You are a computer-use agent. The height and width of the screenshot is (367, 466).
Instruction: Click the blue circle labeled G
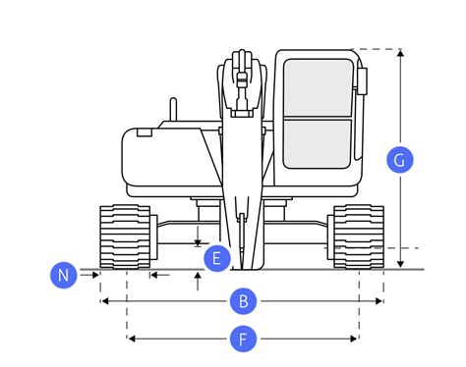pyautogui.click(x=400, y=160)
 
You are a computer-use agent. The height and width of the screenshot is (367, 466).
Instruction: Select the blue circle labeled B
pyautogui.click(x=243, y=301)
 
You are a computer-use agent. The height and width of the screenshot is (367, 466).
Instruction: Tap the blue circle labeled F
pyautogui.click(x=243, y=339)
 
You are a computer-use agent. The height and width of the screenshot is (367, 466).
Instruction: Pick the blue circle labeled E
pyautogui.click(x=217, y=258)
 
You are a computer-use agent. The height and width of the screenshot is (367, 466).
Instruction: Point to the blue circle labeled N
pyautogui.click(x=64, y=275)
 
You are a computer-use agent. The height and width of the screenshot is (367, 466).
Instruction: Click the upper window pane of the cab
pyautogui.click(x=318, y=87)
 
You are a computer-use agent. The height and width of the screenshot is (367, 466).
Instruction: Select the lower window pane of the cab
pyautogui.click(x=318, y=144)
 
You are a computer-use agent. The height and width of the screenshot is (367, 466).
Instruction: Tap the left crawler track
pyautogui.click(x=125, y=237)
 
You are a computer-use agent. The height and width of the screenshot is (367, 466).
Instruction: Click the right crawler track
pyautogui.click(x=359, y=237)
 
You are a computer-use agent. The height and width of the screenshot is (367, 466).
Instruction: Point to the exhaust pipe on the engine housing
pyautogui.click(x=173, y=109)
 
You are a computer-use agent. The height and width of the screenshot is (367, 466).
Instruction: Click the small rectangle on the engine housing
pyautogui.click(x=145, y=132)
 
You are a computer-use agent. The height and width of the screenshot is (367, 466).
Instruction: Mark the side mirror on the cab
pyautogui.click(x=362, y=81)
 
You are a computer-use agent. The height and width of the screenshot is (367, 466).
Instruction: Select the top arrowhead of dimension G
pyautogui.click(x=400, y=53)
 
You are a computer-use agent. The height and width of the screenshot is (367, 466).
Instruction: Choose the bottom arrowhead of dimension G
pyautogui.click(x=400, y=264)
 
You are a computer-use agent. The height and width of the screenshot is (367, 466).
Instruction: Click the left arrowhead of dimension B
pyautogui.click(x=104, y=301)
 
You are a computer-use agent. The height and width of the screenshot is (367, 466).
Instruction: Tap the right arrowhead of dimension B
pyautogui.click(x=379, y=301)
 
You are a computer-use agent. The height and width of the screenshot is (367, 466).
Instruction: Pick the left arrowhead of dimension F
pyautogui.click(x=132, y=339)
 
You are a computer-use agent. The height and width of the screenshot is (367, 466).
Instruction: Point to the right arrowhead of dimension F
pyautogui.click(x=353, y=339)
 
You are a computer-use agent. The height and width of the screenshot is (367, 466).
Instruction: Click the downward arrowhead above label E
pyautogui.click(x=198, y=243)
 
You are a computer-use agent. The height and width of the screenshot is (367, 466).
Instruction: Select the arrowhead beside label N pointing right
pyautogui.click(x=95, y=275)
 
